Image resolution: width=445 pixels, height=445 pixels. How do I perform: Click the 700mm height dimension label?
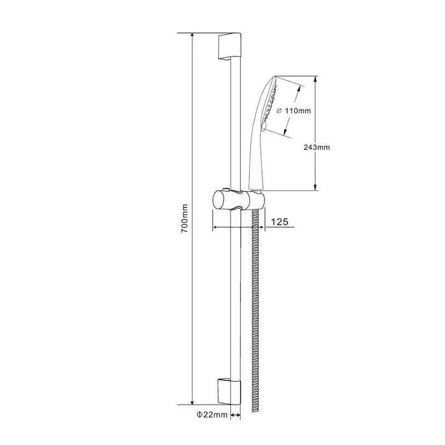tap(185, 219)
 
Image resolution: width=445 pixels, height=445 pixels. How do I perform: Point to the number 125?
tap(279, 222)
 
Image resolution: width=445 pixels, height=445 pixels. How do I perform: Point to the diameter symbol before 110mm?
tap(278, 111)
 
